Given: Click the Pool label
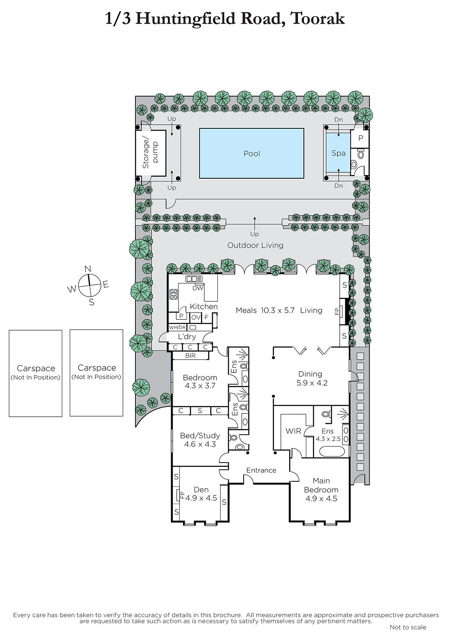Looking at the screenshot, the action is click(x=252, y=154).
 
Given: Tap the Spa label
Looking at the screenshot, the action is click(x=339, y=153).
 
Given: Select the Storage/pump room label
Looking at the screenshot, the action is click(x=150, y=153).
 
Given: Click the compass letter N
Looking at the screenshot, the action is click(x=88, y=269).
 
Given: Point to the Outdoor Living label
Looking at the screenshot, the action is click(x=255, y=246).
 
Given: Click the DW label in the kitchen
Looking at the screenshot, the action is click(x=198, y=288).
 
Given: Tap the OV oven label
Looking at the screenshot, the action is click(x=196, y=317).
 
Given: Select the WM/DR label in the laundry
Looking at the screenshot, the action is click(x=177, y=327).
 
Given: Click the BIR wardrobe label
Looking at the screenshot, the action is click(x=190, y=355).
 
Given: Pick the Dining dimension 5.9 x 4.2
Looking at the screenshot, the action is click(x=312, y=383).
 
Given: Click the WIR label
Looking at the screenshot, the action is click(x=293, y=431).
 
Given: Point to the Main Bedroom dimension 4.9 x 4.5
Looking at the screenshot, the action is click(x=321, y=499).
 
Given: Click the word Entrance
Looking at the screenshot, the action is click(x=261, y=470).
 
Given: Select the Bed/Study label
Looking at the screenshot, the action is click(x=200, y=436).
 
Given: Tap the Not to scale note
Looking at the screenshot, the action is click(x=408, y=627).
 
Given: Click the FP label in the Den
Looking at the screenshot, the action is click(x=183, y=495).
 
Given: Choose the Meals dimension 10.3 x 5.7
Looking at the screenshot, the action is click(x=278, y=311).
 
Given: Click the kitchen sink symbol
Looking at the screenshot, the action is click(x=194, y=279).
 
